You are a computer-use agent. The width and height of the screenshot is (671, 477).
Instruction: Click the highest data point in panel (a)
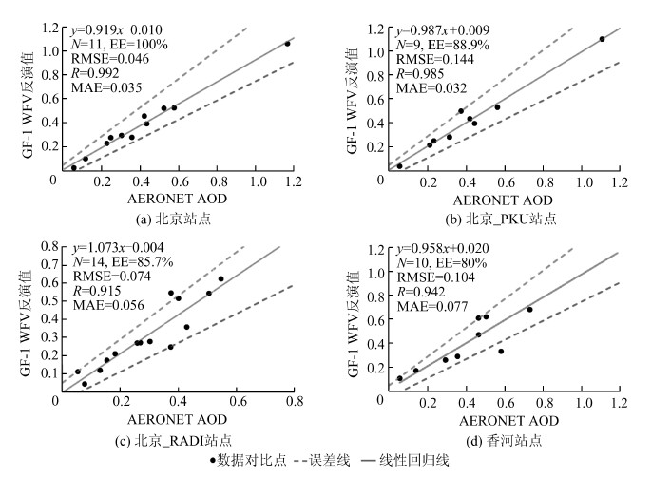pos(287,44)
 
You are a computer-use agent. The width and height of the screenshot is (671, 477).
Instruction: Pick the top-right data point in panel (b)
pos(602,39)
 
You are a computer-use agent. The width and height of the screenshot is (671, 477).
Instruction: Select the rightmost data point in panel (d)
pos(529,310)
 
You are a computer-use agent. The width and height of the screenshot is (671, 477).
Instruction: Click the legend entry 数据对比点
pos(248,461)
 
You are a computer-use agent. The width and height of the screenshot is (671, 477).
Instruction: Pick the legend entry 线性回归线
pos(417,461)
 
